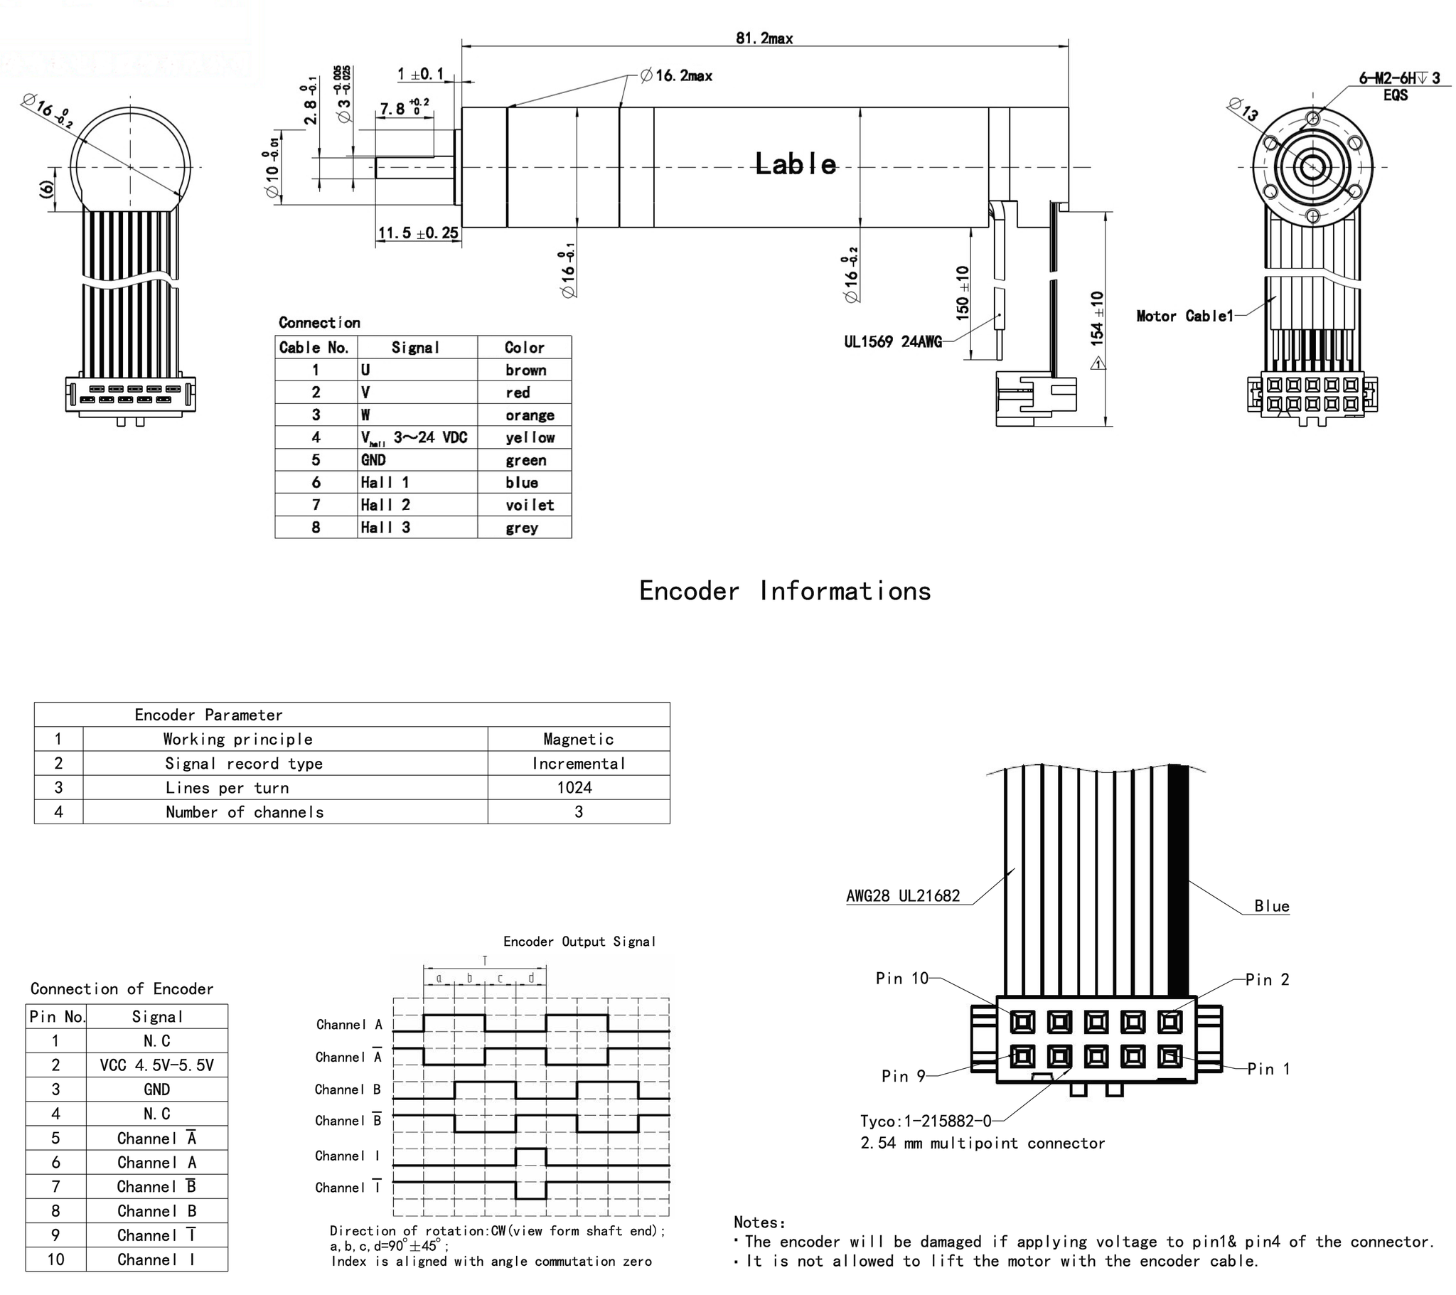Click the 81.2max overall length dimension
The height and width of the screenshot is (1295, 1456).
point(764,38)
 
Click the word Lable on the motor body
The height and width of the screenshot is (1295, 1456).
point(795,165)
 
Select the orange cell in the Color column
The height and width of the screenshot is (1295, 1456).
point(529,415)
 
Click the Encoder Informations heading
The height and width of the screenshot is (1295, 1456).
point(784,591)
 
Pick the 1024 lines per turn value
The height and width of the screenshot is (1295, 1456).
point(574,787)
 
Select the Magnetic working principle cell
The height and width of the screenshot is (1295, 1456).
point(578,739)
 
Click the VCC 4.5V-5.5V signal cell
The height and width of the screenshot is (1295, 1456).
point(156,1065)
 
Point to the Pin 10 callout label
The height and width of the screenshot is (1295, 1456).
point(901,979)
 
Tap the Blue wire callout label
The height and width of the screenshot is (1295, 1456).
point(1271,906)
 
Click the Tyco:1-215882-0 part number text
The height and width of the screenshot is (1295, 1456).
point(926,1121)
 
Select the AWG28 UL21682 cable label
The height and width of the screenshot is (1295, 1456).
point(902,896)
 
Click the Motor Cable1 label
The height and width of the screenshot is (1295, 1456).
point(1184,316)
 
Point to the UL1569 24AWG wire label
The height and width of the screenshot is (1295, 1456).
point(892,342)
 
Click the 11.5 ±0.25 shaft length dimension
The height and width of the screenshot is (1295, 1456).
point(418,233)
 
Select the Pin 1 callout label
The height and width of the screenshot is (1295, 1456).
point(1268,1068)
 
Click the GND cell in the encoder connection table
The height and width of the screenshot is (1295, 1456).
point(156,1089)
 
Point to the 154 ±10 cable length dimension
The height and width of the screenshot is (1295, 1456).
point(1097,319)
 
